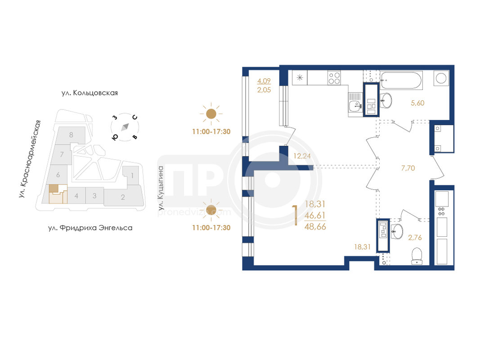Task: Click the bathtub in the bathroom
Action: (401, 80)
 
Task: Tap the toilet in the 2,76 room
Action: (417, 256)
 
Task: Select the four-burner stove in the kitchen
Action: (334, 77)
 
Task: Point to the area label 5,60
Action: (417, 103)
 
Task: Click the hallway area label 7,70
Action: (408, 168)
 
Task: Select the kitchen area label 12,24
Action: (302, 156)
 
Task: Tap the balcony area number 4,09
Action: (264, 81)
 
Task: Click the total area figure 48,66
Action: (315, 227)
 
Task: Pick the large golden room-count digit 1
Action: (296, 215)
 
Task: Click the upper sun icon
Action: (211, 114)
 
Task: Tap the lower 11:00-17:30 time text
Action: (211, 228)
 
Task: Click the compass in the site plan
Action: (125, 127)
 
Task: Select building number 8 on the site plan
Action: (71, 135)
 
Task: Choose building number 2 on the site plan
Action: (123, 197)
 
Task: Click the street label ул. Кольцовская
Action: (90, 93)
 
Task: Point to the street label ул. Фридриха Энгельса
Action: (90, 228)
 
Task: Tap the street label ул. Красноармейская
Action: (30, 159)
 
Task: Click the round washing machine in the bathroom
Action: (441, 78)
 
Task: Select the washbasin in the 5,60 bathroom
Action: (386, 100)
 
